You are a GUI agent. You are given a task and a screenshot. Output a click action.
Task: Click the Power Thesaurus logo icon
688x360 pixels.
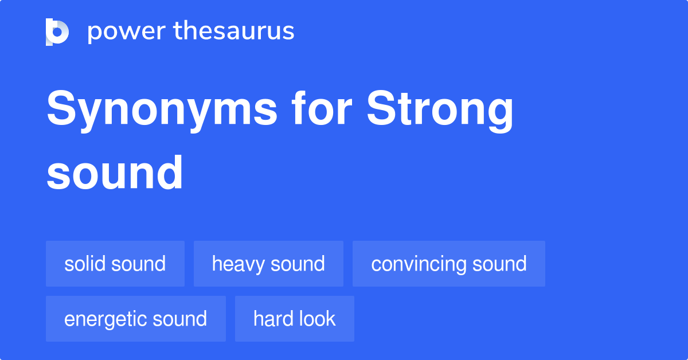click(x=57, y=32)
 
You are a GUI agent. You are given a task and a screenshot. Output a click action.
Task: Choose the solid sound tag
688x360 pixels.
click(x=115, y=264)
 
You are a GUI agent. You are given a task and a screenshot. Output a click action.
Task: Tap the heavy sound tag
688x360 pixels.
click(x=268, y=264)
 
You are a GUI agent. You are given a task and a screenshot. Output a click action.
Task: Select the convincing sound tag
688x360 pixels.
click(x=448, y=264)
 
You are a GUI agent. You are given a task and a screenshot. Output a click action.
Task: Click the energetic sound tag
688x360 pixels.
click(x=135, y=319)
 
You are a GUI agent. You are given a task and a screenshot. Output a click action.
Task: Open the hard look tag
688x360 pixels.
click(x=294, y=319)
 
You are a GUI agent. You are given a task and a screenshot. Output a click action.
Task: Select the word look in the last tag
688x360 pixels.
click(x=317, y=319)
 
